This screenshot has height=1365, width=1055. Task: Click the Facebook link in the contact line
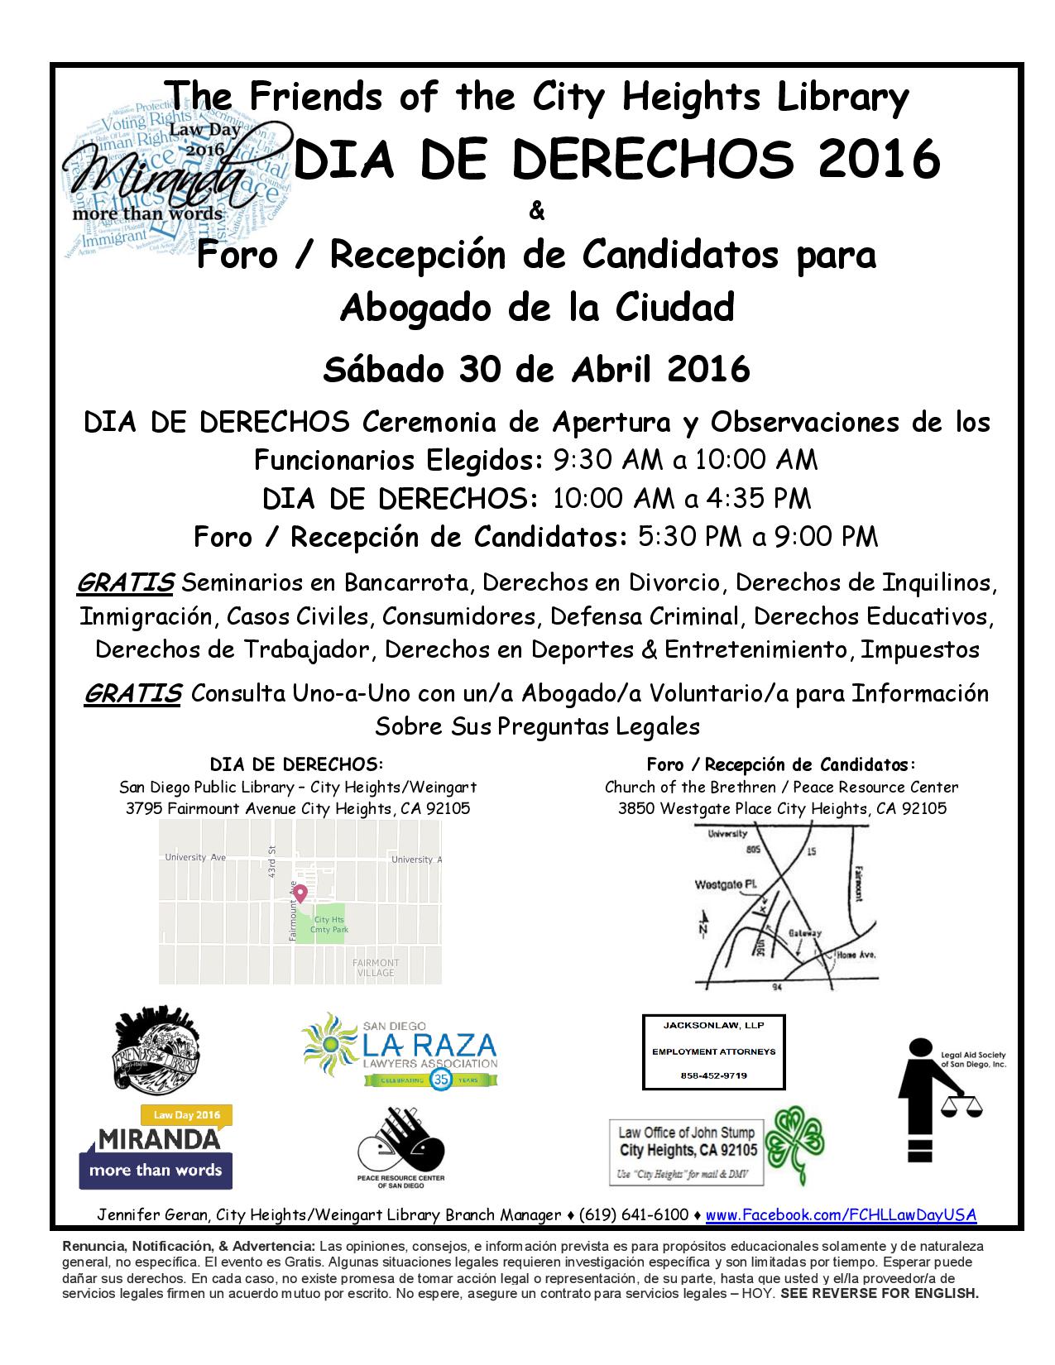(x=841, y=1214)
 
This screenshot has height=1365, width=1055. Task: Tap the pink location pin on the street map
(x=300, y=893)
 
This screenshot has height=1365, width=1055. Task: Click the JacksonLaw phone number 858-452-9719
(x=712, y=1075)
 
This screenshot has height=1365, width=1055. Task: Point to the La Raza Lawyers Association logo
(x=400, y=1050)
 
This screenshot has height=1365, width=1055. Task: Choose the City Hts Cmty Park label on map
(x=328, y=924)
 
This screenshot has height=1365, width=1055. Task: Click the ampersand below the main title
(x=536, y=212)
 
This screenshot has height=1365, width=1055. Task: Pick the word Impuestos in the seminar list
(x=920, y=649)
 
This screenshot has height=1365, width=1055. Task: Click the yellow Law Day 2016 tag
(x=186, y=1114)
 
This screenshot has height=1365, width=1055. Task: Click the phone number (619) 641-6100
(x=634, y=1214)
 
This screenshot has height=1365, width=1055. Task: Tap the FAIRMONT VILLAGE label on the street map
(x=376, y=967)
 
